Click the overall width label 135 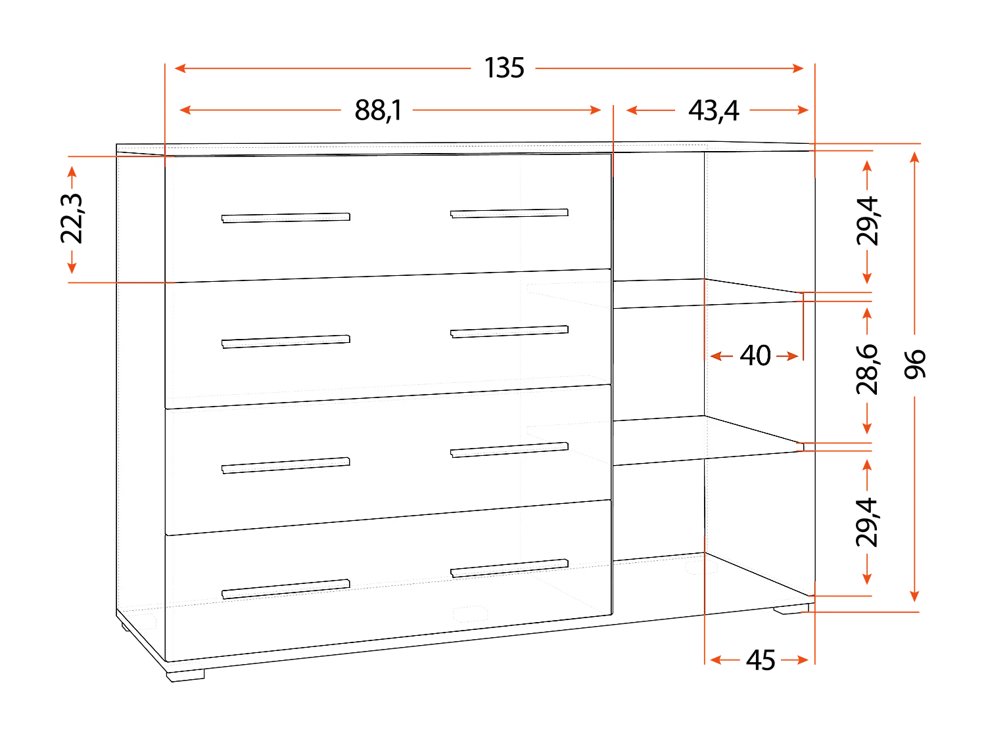(504, 68)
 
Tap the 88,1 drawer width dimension (378, 110)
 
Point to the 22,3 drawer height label (72, 219)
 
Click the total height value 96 (915, 364)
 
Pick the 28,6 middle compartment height (867, 369)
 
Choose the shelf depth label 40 (755, 356)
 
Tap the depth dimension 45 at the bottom (761, 660)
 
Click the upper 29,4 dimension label (867, 221)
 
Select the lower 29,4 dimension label (867, 522)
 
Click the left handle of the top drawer (286, 217)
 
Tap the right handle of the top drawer (509, 213)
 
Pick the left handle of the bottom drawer (286, 589)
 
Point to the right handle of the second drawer (509, 332)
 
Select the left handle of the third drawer (286, 466)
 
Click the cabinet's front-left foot (185, 676)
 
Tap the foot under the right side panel (791, 609)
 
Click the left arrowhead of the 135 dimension (180, 68)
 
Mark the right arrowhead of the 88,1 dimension (596, 110)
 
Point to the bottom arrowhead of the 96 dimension (914, 596)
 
